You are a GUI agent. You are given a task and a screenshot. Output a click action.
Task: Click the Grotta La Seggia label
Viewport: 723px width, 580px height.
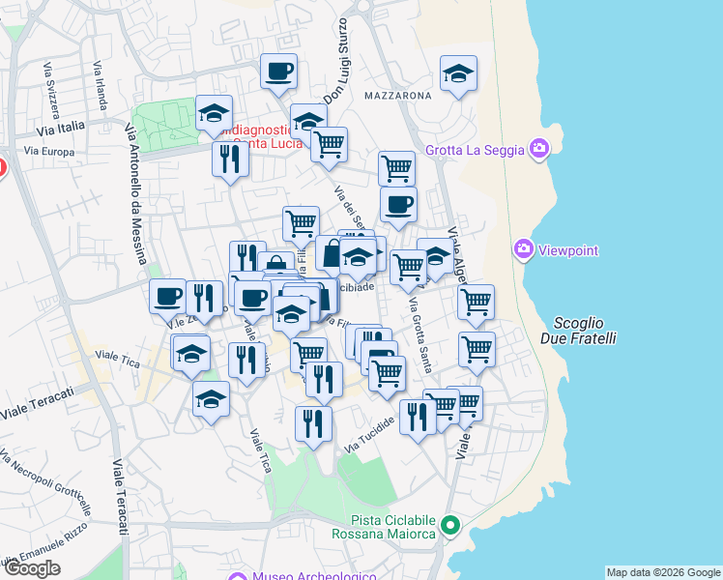click(x=475, y=150)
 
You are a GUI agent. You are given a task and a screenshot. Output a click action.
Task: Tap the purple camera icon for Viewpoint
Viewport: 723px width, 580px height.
click(x=525, y=250)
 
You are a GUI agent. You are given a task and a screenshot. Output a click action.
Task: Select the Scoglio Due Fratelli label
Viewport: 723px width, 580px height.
click(x=586, y=331)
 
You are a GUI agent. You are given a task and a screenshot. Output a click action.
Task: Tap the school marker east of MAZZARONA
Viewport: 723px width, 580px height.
click(x=459, y=73)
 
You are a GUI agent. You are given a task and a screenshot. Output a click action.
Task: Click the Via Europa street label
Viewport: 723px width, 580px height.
click(x=48, y=152)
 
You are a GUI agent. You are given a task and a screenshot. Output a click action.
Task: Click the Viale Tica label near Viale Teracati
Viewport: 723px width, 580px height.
click(x=118, y=360)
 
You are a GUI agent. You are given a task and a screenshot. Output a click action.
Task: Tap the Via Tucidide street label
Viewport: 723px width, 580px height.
click(x=370, y=438)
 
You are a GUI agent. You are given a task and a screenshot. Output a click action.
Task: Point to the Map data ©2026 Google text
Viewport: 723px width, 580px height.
click(x=662, y=572)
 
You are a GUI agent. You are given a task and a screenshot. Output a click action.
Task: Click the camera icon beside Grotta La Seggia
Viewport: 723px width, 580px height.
click(x=538, y=150)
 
